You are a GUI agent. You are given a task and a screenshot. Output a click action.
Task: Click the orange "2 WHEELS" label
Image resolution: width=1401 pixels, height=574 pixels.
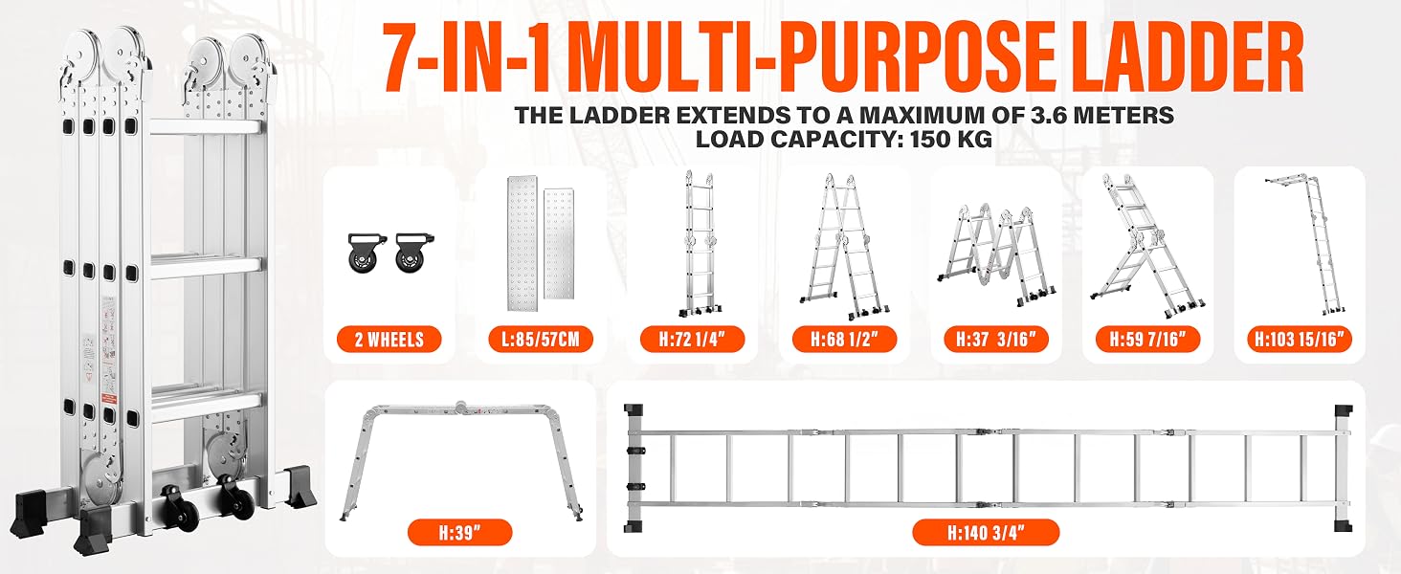click(x=389, y=340)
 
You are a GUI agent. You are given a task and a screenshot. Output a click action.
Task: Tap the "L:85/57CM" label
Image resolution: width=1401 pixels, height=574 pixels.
click(x=541, y=340)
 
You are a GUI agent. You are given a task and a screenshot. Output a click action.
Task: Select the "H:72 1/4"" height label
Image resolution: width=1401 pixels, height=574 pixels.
click(x=693, y=340)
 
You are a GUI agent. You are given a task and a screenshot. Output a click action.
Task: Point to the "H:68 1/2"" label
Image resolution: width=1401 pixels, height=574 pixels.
click(x=844, y=340)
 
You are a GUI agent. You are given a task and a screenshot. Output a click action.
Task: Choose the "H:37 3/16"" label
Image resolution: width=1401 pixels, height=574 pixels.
click(x=996, y=340)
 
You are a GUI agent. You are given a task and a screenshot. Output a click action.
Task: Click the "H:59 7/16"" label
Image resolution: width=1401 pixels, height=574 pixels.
click(x=1148, y=340)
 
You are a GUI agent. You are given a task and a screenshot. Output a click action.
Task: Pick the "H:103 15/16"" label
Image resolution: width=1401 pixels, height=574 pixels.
click(x=1300, y=340)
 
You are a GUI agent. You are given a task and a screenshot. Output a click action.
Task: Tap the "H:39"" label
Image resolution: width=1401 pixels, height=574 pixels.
click(x=459, y=534)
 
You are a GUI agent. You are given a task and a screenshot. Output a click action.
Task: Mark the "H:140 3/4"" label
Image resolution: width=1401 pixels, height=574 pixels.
click(x=986, y=533)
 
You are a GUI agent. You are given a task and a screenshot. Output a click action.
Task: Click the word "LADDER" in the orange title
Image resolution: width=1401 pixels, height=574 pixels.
click(x=1190, y=56)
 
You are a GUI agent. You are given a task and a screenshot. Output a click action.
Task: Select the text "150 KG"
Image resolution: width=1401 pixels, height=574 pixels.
click(x=952, y=138)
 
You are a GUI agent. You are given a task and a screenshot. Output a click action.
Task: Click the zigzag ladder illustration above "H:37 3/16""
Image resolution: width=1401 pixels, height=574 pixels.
click(x=997, y=256)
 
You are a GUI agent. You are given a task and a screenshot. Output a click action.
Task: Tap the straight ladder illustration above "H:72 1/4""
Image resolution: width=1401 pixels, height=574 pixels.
click(x=700, y=243)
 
